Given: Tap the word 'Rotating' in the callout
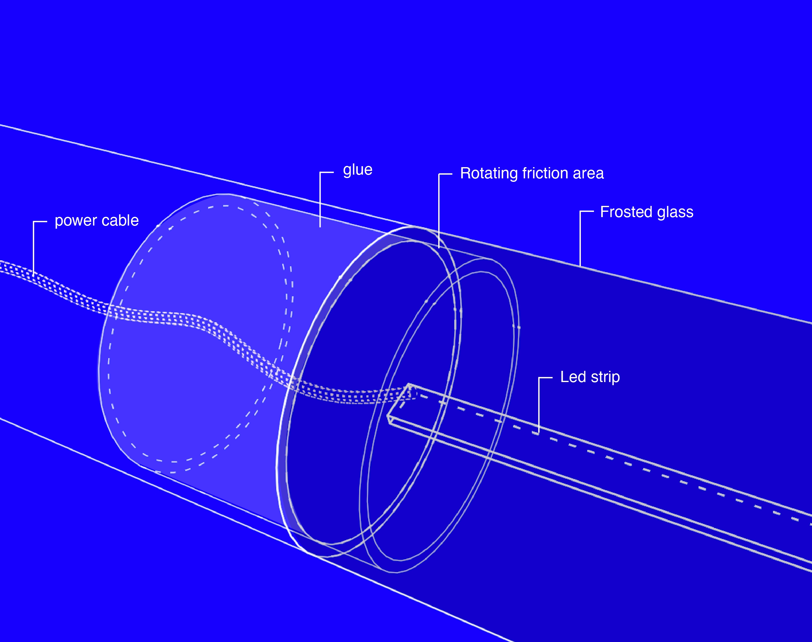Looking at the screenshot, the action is (x=489, y=174).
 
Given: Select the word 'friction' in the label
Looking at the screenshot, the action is (x=545, y=173).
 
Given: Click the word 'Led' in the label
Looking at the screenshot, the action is (x=573, y=377).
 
